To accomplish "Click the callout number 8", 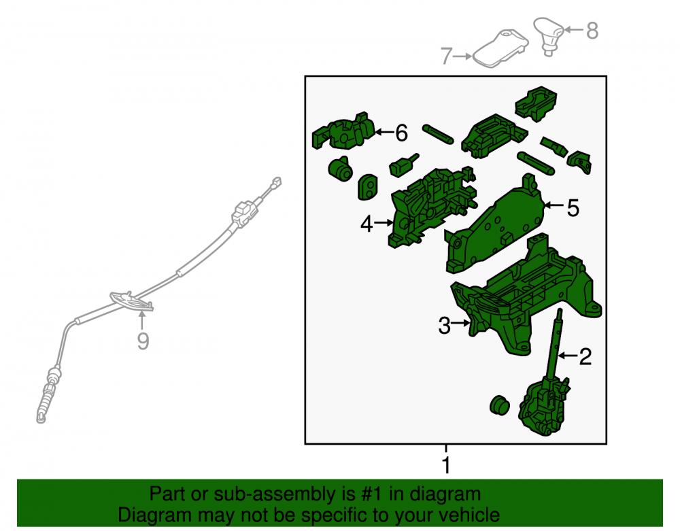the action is point(592,31).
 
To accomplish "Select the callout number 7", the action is point(447,56).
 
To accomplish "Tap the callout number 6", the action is point(402,133).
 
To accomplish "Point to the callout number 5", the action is point(573,207).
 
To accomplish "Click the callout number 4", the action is point(367,224).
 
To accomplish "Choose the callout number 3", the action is point(445,326).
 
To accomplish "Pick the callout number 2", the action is point(585,356).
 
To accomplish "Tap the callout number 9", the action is point(143,341).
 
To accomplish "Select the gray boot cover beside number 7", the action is point(500,48).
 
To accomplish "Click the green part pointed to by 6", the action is point(343,131).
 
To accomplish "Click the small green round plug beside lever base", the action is point(500,405).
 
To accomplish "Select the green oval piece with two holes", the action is point(368,187).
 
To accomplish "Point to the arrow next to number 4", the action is point(384,223).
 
